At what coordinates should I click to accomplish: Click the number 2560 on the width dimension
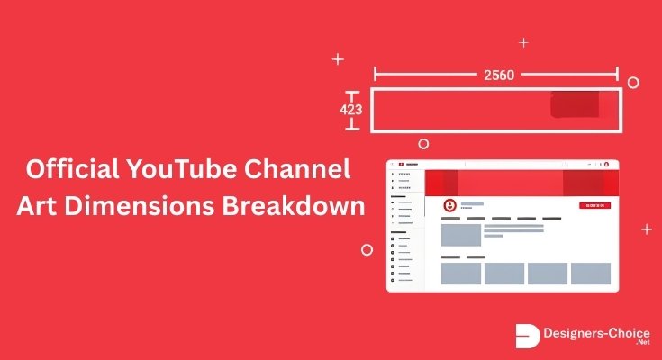[498, 75]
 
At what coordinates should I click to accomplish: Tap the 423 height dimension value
[350, 110]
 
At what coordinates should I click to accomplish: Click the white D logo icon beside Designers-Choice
[528, 336]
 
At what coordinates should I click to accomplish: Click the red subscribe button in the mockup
[594, 206]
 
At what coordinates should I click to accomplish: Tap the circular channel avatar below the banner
[449, 205]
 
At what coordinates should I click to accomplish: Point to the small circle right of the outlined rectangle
[633, 82]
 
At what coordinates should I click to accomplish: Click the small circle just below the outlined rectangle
[423, 143]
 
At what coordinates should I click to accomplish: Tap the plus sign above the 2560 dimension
[524, 42]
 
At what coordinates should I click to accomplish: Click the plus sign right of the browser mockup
[647, 229]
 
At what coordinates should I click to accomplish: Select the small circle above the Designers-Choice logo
[367, 249]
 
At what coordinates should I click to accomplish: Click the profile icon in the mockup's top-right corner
[607, 165]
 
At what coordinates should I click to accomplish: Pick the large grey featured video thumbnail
[460, 235]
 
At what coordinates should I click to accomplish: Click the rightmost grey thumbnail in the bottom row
[591, 274]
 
